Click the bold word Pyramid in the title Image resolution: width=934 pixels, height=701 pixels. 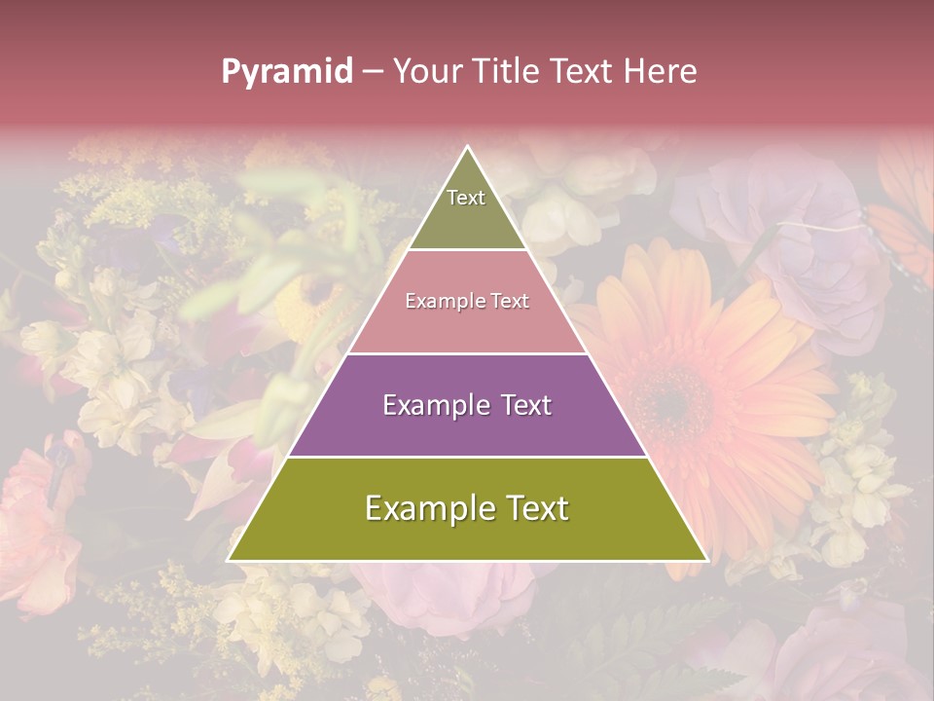(x=287, y=72)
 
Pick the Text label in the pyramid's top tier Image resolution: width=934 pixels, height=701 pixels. (x=466, y=198)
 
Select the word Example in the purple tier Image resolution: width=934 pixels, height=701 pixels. (x=437, y=405)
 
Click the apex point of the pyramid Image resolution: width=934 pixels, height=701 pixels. (x=468, y=147)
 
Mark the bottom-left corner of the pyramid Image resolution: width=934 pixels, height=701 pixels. (x=229, y=560)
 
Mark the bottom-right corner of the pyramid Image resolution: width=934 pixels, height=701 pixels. (x=706, y=560)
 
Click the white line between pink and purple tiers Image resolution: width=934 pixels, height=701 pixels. (x=468, y=353)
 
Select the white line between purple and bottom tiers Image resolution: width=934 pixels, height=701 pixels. (x=468, y=457)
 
